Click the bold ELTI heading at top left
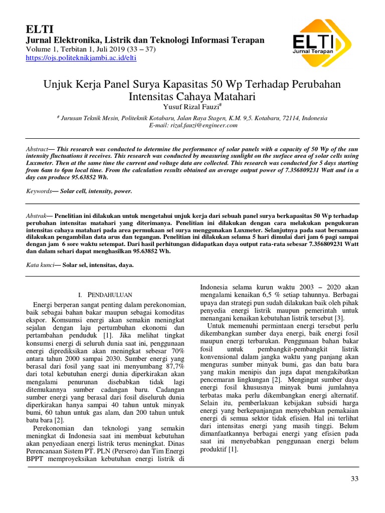(x=36, y=29)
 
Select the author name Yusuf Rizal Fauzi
(x=191, y=107)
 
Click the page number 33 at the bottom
(x=354, y=479)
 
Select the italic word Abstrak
(x=36, y=215)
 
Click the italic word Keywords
(x=39, y=191)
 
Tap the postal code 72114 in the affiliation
(x=290, y=118)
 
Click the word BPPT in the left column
(x=36, y=458)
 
